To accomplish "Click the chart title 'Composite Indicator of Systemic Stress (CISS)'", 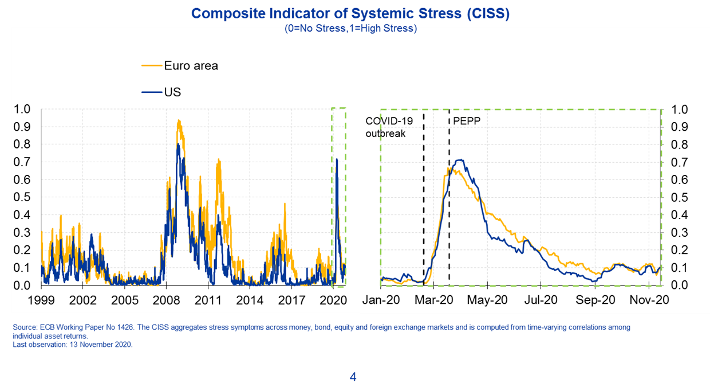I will click(x=350, y=13).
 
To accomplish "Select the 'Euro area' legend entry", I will click(x=191, y=65).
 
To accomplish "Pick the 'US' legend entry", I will click(x=172, y=92).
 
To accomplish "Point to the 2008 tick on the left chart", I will click(x=167, y=300).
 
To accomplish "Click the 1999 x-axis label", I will click(x=41, y=300).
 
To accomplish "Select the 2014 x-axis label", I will click(x=250, y=300).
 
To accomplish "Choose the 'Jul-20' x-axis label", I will click(x=542, y=300).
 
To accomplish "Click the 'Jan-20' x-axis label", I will click(x=380, y=300).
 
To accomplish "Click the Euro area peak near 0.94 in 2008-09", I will click(x=179, y=120).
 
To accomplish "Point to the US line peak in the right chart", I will click(x=459, y=160).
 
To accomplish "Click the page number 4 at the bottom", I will click(x=353, y=377).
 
